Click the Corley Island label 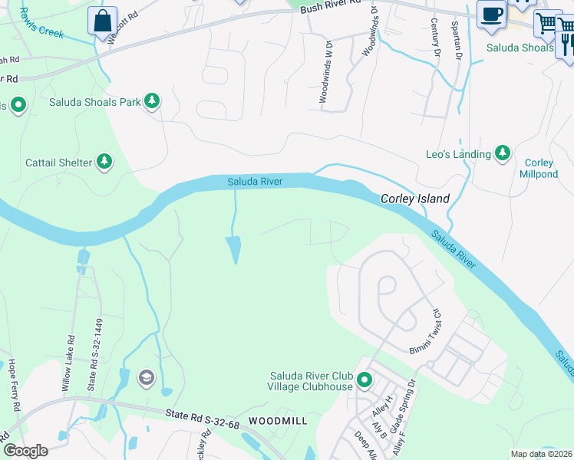click(x=415, y=199)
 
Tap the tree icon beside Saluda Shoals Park click(x=152, y=101)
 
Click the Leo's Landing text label click(x=458, y=154)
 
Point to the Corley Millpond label click(x=539, y=169)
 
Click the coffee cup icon click(x=490, y=13)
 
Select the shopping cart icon click(x=546, y=23)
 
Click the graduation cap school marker click(x=146, y=378)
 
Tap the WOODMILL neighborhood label click(x=278, y=421)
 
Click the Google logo click(x=25, y=451)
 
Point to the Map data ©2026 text click(x=541, y=454)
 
